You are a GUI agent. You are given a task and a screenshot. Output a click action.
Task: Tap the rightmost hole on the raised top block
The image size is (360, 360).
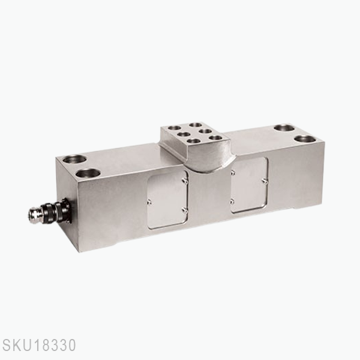215,139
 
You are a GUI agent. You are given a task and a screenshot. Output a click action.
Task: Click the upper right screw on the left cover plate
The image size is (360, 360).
184,177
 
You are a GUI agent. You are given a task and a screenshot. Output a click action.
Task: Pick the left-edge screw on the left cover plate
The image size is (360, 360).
149,202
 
